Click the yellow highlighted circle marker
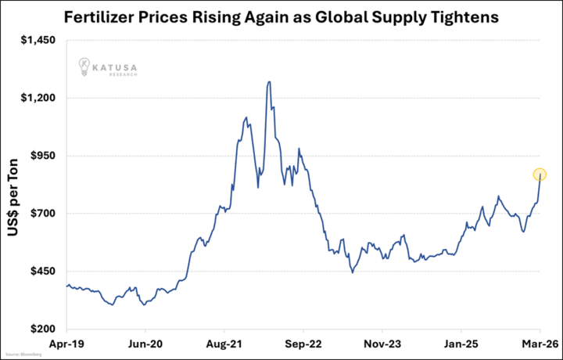[540, 175]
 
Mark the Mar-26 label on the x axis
[539, 343]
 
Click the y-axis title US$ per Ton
[15, 185]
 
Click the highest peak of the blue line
[269, 81]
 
